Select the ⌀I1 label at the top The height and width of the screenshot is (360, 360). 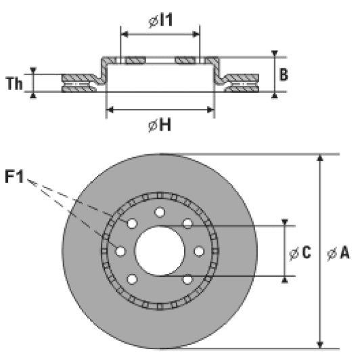pyautogui.click(x=160, y=20)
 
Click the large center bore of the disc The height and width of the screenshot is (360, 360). pyautogui.click(x=160, y=251)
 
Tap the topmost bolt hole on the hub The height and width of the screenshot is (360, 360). pyautogui.click(x=160, y=212)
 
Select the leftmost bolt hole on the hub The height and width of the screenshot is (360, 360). pyautogui.click(x=120, y=251)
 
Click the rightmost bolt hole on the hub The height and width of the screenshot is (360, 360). pyautogui.click(x=199, y=251)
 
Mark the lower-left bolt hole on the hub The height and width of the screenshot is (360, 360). pyautogui.click(x=132, y=279)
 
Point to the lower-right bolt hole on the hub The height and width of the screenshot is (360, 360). pyautogui.click(x=187, y=279)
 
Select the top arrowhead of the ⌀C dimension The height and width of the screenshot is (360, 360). pyautogui.click(x=285, y=224)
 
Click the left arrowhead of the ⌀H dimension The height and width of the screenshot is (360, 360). pyautogui.click(x=110, y=109)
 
